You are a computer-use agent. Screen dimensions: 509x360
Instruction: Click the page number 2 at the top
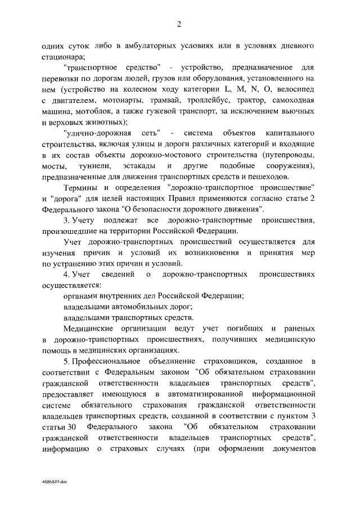[x=179, y=24]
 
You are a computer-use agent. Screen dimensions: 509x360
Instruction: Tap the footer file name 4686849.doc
[x=54, y=483]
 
